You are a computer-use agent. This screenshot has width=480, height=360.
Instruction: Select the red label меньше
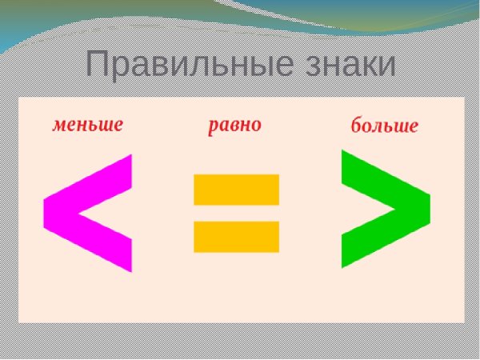pyautogui.click(x=88, y=125)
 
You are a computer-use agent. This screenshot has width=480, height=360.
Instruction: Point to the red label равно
pyautogui.click(x=234, y=126)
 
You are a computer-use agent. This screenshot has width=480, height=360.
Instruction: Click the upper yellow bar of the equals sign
pyautogui.click(x=236, y=189)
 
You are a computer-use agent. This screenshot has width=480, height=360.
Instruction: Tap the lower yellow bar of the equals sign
pyautogui.click(x=236, y=236)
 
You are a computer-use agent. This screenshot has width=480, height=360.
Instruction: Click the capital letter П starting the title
pyautogui.click(x=98, y=64)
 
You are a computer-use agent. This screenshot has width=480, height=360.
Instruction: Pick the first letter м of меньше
pyautogui.click(x=59, y=126)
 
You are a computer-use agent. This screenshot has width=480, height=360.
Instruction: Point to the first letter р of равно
pyautogui.click(x=214, y=127)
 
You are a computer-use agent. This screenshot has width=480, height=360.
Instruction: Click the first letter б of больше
pyautogui.click(x=358, y=126)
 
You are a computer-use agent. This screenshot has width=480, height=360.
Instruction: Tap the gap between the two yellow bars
pyautogui.click(x=236, y=213)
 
